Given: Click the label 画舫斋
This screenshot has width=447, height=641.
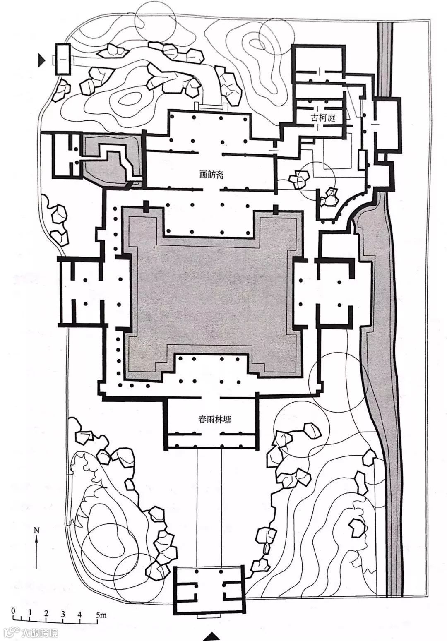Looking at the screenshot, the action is pyautogui.click(x=211, y=174).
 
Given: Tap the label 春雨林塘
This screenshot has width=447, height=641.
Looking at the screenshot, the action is pyautogui.click(x=214, y=419).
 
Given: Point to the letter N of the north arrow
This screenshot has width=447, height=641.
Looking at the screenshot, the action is pyautogui.click(x=37, y=530).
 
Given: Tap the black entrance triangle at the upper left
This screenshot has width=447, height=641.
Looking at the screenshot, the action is pyautogui.click(x=41, y=60).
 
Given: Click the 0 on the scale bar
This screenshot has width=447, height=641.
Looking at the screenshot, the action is pyautogui.click(x=13, y=611).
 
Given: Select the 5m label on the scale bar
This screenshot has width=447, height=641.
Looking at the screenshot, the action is pyautogui.click(x=101, y=615).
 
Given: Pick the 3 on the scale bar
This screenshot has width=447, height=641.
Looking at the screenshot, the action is pyautogui.click(x=63, y=614).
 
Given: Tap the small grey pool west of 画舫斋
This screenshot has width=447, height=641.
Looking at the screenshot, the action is pyautogui.click(x=111, y=159).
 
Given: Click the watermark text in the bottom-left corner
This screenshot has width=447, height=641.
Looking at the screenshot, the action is pyautogui.click(x=31, y=633).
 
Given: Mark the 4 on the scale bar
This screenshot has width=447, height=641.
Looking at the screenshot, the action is pyautogui.click(x=79, y=614).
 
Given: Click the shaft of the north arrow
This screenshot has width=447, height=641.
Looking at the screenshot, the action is pyautogui.click(x=37, y=555).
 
